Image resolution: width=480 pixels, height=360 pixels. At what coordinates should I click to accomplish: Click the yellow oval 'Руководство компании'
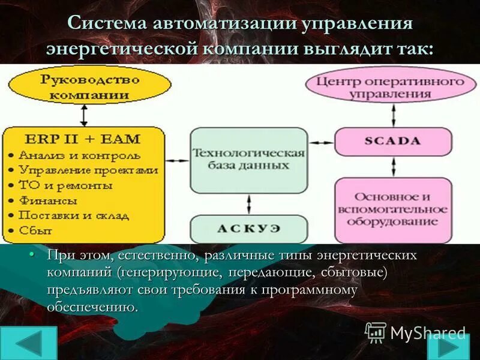89,86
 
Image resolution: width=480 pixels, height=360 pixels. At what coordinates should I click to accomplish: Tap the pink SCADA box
392,142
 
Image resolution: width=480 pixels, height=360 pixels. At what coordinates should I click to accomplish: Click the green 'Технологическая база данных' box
248,159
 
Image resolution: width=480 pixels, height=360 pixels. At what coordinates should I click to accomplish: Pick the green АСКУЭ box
248,229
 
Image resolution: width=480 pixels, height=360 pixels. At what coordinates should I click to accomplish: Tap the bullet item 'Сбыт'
35,230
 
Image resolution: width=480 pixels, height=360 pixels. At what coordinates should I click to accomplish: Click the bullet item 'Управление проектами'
88,170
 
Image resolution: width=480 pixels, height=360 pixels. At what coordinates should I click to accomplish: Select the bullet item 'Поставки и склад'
66,215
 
